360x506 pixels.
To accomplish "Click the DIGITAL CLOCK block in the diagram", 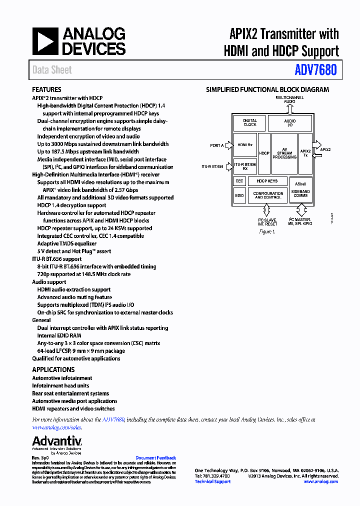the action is pyautogui.click(x=250, y=122).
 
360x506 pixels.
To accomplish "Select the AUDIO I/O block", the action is pyautogui.click(x=290, y=122).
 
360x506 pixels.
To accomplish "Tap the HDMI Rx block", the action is pyautogui.click(x=245, y=145).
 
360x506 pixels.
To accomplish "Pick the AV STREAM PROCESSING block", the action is pyautogui.click(x=284, y=153).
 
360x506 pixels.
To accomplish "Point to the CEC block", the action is pyautogui.click(x=239, y=181).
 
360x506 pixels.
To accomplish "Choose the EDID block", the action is pyautogui.click(x=239, y=195).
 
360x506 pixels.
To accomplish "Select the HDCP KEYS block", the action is pyautogui.click(x=267, y=181).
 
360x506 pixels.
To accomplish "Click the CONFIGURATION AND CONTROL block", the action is pyautogui.click(x=268, y=195).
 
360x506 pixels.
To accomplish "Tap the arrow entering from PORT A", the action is pyautogui.click(x=229, y=145).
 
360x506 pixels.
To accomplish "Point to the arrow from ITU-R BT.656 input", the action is pyautogui.click(x=229, y=166).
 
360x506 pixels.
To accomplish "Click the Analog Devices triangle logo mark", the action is pyautogui.click(x=45, y=41).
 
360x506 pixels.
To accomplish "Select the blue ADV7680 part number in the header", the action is pyautogui.click(x=315, y=70).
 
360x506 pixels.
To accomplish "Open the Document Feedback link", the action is pyautogui.click(x=155, y=458).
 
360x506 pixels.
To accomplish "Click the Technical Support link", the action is pyautogui.click(x=212, y=481).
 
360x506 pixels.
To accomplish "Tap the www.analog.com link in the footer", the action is pyautogui.click(x=320, y=481).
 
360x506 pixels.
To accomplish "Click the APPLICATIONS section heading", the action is pyautogui.click(x=53, y=369).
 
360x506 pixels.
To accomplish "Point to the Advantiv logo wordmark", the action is pyautogui.click(x=57, y=441).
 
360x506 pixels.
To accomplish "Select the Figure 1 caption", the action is pyautogui.click(x=266, y=232).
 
